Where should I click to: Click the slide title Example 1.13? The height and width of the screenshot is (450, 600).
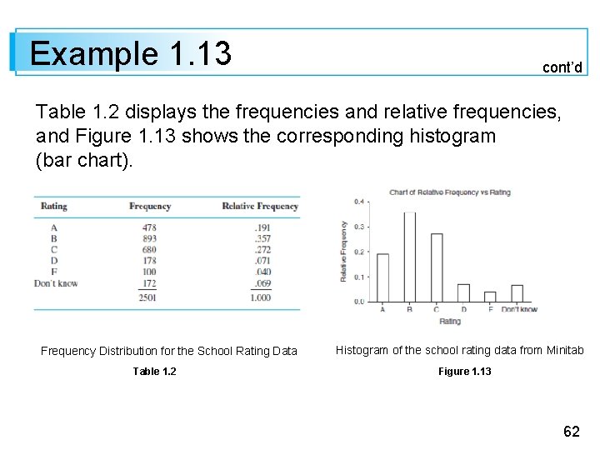click(x=130, y=53)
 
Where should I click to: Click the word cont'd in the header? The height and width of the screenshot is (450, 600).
click(x=562, y=67)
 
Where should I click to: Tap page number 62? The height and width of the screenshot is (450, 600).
click(x=572, y=431)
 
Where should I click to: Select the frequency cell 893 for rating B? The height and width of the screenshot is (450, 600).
click(x=149, y=238)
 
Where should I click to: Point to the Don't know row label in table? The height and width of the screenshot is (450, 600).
click(x=56, y=283)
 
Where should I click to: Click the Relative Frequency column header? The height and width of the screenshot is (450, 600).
click(x=260, y=206)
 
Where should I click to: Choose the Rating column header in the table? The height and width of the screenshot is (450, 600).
click(x=54, y=206)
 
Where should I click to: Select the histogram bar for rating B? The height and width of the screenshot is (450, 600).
click(x=409, y=257)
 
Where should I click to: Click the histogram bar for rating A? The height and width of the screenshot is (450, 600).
click(x=382, y=277)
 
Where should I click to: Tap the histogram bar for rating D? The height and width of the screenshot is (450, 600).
click(x=463, y=292)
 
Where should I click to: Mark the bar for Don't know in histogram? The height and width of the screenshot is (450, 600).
click(x=517, y=292)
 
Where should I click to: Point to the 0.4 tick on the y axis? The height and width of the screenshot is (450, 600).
click(x=359, y=202)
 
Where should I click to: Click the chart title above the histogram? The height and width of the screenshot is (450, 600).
click(x=450, y=192)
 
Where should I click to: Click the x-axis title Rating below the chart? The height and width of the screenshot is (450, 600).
click(x=450, y=321)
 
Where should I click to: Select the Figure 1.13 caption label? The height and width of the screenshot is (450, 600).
click(x=464, y=371)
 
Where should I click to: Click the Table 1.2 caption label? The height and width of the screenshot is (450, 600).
click(x=154, y=371)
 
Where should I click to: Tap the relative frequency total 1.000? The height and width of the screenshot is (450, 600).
click(x=260, y=297)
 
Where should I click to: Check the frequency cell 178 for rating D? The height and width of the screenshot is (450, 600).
click(x=149, y=261)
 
